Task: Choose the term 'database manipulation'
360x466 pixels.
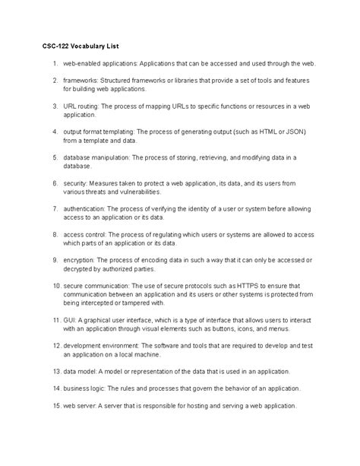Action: point(97,158)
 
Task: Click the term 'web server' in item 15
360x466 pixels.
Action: point(79,406)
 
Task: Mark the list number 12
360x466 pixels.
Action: point(56,347)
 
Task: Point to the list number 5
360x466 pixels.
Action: point(55,158)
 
